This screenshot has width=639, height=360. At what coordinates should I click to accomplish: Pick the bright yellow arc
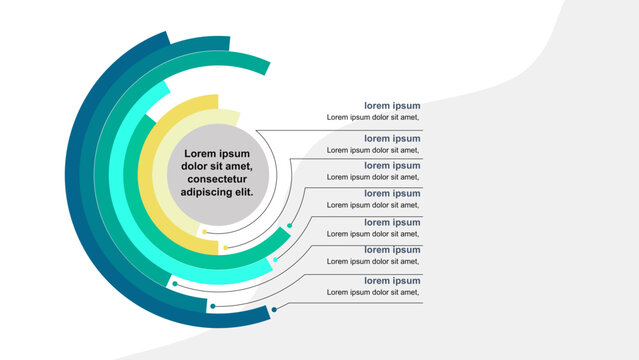click(x=150, y=180)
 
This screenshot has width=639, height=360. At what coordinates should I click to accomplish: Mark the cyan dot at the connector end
click(x=275, y=259)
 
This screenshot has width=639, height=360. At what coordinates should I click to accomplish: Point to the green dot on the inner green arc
click(x=289, y=226)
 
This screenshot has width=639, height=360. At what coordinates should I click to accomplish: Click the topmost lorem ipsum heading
click(x=391, y=105)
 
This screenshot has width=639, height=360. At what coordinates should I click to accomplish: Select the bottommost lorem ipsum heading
click(x=391, y=280)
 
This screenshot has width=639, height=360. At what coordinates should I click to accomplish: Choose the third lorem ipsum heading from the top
click(x=391, y=165)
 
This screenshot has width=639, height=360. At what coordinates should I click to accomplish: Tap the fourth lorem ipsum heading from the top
click(x=391, y=193)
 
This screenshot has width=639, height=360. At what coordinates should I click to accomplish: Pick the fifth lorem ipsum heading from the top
click(x=391, y=222)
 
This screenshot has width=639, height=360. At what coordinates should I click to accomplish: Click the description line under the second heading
click(x=373, y=150)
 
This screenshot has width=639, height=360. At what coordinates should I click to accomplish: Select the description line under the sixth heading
click(x=373, y=262)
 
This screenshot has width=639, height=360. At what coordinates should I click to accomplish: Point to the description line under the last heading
click(x=373, y=292)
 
